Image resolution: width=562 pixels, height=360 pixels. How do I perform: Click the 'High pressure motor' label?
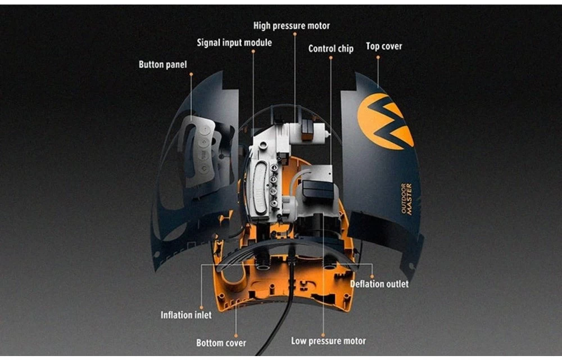[291, 26]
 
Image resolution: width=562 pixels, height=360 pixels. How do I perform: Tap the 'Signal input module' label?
[234, 43]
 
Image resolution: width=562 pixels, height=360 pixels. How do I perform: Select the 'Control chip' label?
[330, 49]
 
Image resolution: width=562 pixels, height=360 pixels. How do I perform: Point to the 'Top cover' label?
[384, 46]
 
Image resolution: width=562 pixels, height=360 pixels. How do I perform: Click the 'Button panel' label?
[162, 65]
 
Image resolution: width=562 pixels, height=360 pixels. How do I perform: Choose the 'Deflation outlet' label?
[379, 284]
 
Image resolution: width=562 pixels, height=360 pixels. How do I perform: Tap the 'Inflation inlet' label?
[186, 315]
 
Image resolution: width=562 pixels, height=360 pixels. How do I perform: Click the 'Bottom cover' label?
[221, 343]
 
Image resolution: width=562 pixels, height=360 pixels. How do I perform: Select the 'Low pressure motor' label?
[328, 341]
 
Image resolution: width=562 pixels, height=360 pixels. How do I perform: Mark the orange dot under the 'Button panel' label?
[191, 74]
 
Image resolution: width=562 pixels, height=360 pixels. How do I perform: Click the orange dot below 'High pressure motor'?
[294, 35]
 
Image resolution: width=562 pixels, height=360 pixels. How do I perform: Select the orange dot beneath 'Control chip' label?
[330, 58]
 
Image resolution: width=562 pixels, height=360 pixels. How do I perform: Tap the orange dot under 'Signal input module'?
[253, 52]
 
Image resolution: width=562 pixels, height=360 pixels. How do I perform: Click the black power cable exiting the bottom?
[284, 315]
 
